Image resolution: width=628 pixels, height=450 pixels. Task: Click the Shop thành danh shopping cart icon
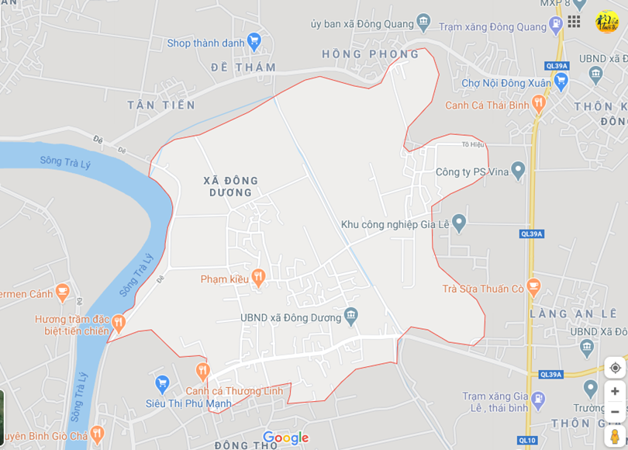pyautogui.click(x=254, y=41)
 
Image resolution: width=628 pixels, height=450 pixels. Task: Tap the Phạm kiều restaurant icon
pyautogui.click(x=259, y=277)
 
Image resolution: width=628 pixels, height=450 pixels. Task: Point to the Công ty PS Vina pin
pyautogui.click(x=518, y=170)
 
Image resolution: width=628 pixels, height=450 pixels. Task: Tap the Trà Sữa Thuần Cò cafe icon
pyautogui.click(x=533, y=287)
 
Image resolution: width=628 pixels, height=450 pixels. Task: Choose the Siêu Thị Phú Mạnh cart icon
pyautogui.click(x=162, y=382)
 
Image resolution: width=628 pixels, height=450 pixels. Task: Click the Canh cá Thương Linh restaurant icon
pyautogui.click(x=202, y=371)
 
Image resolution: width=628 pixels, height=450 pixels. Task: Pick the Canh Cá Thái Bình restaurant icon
pyautogui.click(x=539, y=104)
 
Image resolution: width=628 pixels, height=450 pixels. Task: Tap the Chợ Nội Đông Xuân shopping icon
pyautogui.click(x=561, y=81)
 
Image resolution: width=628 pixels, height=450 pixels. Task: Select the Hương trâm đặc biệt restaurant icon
pyautogui.click(x=118, y=321)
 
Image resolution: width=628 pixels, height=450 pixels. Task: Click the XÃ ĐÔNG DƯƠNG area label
pyautogui.click(x=230, y=186)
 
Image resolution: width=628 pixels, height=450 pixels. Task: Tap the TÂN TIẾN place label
pyautogui.click(x=161, y=105)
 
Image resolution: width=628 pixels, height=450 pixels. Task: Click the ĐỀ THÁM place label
pyautogui.click(x=243, y=67)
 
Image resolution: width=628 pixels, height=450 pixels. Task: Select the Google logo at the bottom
pyautogui.click(x=286, y=438)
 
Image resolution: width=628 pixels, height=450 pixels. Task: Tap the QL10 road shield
pyautogui.click(x=527, y=441)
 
